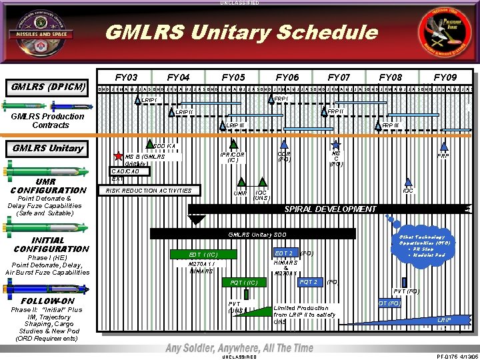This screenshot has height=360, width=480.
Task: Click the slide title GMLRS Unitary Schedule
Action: click(x=241, y=32)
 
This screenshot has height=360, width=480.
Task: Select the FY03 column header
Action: click(x=126, y=77)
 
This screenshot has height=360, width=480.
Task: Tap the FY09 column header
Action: click(x=445, y=77)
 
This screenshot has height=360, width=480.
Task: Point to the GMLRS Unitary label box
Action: click(x=48, y=148)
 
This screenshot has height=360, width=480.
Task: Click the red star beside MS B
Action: click(x=119, y=156)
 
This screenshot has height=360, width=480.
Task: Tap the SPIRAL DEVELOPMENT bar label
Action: click(x=331, y=209)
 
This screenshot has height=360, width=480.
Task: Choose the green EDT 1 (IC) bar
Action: click(x=203, y=254)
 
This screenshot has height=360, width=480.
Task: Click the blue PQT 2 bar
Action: click(x=308, y=282)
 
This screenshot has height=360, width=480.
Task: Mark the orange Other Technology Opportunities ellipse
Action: click(x=422, y=245)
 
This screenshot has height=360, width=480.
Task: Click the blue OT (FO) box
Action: click(x=389, y=303)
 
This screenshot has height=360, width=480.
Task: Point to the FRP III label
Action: click(x=390, y=125)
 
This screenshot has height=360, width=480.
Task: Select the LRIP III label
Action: click(x=235, y=125)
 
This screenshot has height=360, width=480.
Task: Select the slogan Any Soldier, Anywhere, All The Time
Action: click(x=239, y=348)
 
